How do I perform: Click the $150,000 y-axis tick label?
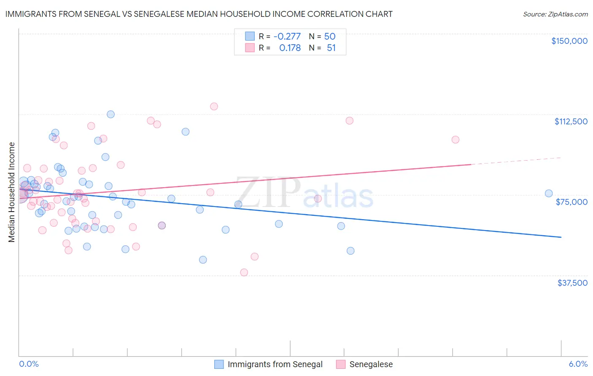click(x=569, y=41)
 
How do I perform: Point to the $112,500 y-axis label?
click(x=571, y=121)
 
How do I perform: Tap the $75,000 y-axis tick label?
click(x=571, y=202)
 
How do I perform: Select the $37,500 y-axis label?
click(x=572, y=282)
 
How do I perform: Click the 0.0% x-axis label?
click(x=29, y=364)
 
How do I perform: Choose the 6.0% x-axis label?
click(x=578, y=364)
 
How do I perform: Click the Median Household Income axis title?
click(x=12, y=192)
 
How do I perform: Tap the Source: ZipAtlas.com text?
click(x=555, y=14)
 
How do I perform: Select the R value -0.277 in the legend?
click(x=287, y=36)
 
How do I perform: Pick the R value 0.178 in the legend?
click(x=290, y=48)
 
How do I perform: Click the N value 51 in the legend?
click(x=331, y=48)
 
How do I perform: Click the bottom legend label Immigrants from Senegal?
click(x=275, y=364)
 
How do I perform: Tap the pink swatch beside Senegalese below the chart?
click(x=341, y=364)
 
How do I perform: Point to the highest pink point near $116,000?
click(x=214, y=106)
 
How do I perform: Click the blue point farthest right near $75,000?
click(x=549, y=193)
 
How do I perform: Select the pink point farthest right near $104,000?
click(x=455, y=140)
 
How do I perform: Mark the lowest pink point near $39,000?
click(x=244, y=272)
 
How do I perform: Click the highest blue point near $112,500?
click(x=111, y=114)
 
